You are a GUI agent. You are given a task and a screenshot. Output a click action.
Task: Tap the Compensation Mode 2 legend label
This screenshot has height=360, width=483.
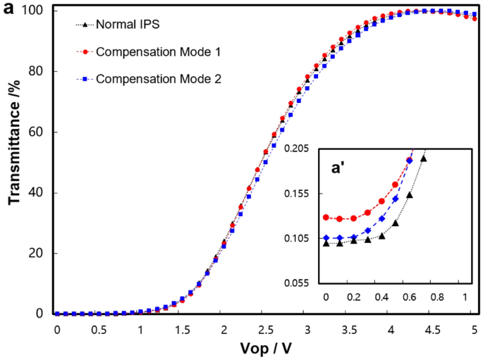[x=159, y=79]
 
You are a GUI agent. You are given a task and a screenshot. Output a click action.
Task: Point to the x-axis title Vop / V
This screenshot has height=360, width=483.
[x=265, y=349]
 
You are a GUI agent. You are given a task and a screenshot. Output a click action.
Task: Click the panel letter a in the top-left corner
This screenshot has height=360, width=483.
[x=8, y=9]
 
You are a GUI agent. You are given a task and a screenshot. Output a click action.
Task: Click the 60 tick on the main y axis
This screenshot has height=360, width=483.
[x=38, y=132]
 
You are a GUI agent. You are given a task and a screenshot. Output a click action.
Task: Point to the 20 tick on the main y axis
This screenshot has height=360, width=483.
[x=38, y=254]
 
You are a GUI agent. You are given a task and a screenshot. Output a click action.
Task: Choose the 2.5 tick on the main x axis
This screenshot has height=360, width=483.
[x=265, y=329]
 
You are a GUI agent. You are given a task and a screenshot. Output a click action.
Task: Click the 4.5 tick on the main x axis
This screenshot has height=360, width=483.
[x=432, y=329]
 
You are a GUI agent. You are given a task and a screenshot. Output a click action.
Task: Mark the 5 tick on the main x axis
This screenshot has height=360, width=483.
[x=475, y=329]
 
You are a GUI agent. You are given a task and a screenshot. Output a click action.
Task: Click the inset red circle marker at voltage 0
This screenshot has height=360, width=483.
[x=326, y=218]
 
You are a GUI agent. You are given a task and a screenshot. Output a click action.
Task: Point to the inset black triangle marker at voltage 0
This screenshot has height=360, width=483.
[x=326, y=243]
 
